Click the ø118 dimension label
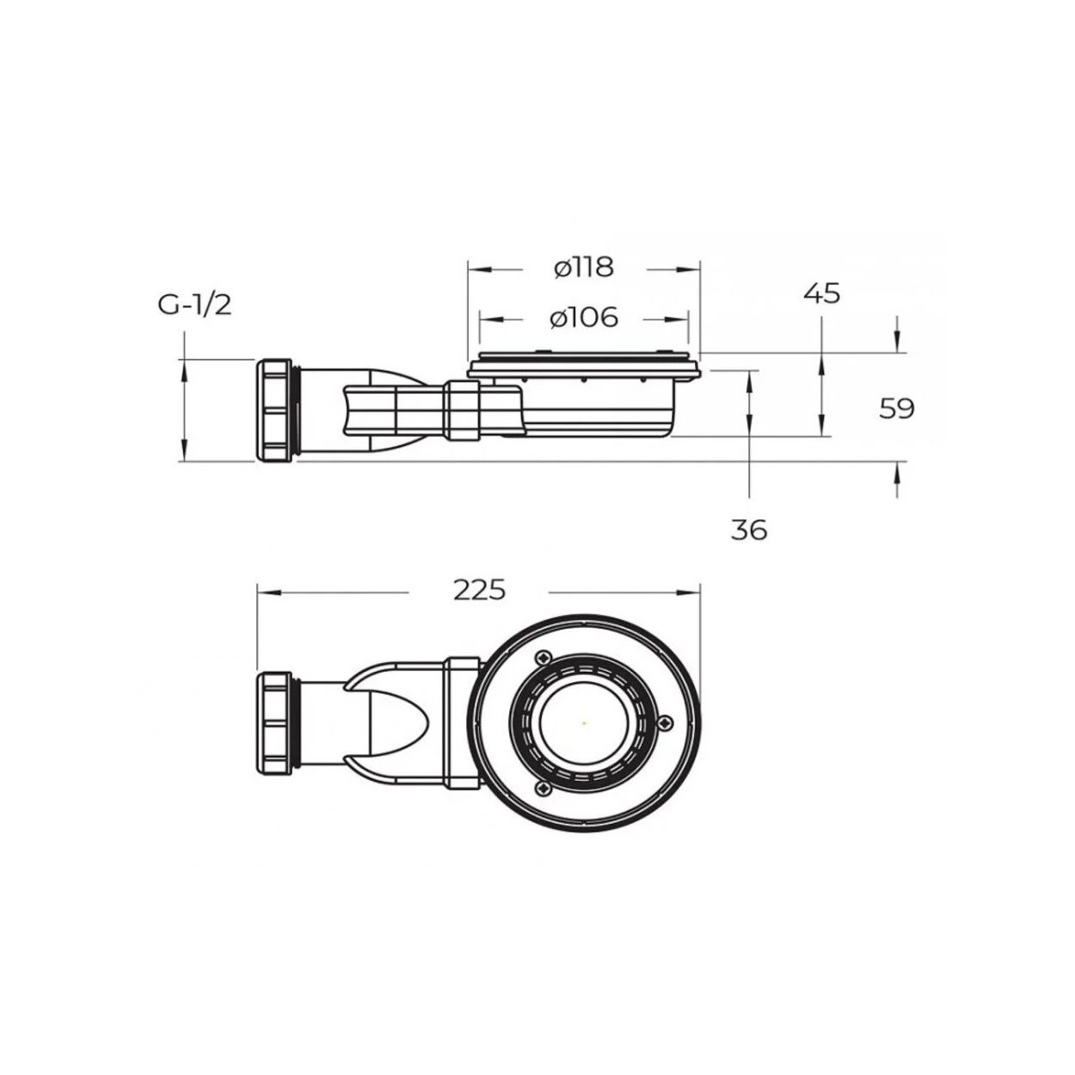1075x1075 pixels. (x=584, y=267)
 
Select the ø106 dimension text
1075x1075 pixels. (x=584, y=318)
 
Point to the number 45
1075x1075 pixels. (x=821, y=293)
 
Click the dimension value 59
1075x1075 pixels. (x=897, y=408)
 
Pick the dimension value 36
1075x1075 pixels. (x=749, y=530)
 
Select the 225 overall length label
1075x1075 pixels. (x=479, y=590)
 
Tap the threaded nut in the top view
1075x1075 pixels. (x=274, y=724)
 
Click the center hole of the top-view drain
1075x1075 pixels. (x=584, y=723)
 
